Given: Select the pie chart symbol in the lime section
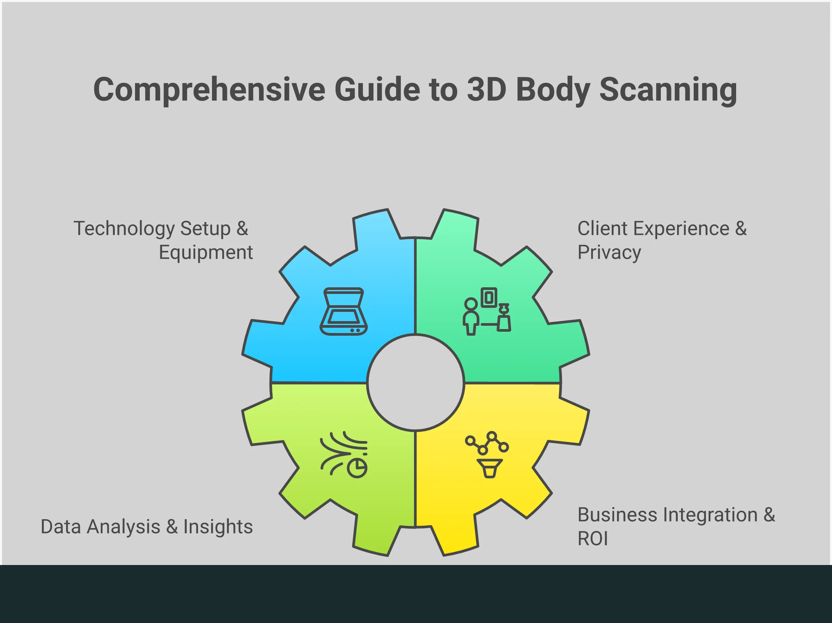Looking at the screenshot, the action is (x=357, y=468).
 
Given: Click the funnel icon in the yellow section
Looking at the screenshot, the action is (x=489, y=468).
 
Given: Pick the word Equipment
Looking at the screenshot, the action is (x=206, y=253).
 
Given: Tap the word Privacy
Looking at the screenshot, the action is (x=609, y=253).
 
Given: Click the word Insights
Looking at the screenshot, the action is (x=218, y=527).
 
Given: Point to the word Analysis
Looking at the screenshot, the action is (x=123, y=527).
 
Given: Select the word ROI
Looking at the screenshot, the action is (x=592, y=539).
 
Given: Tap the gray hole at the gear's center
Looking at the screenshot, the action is (x=415, y=382).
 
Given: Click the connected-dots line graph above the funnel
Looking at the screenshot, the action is (x=487, y=443).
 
